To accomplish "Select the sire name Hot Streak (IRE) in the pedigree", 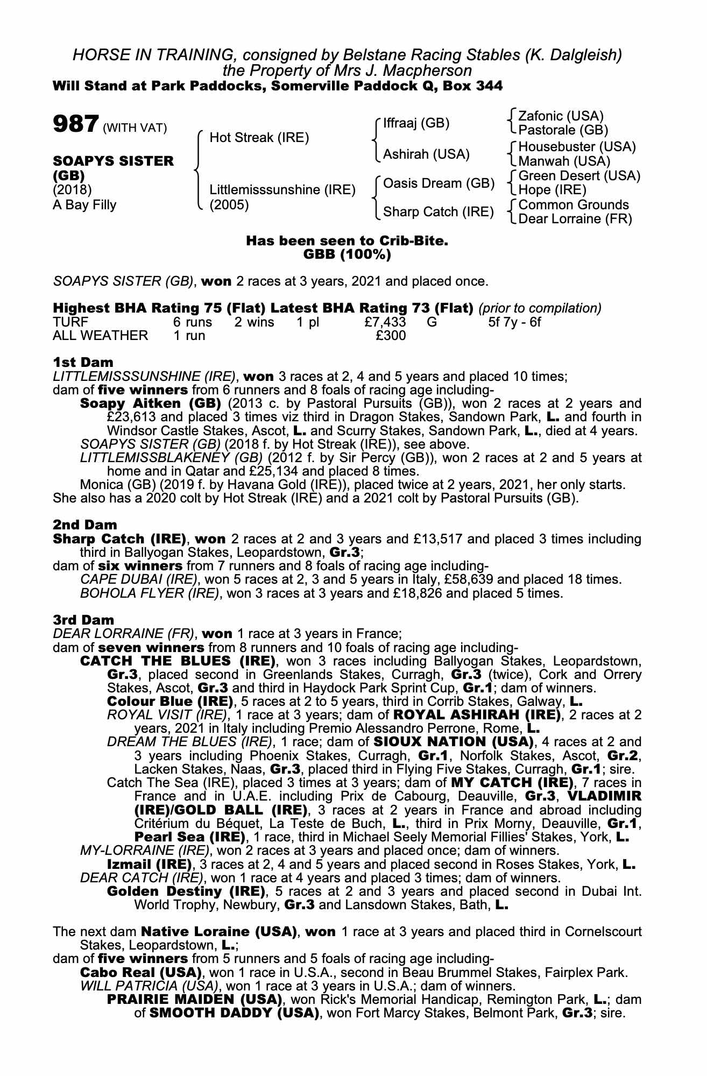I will point(259,138).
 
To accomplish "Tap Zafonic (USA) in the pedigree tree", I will point(561,116).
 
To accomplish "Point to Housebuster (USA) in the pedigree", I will point(577,147).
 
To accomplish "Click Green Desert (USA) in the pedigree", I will point(579,176).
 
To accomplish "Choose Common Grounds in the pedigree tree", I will point(573,205).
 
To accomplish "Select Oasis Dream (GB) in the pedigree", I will point(438,183).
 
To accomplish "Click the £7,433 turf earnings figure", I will point(384,322).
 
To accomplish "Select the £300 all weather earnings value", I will point(391,336).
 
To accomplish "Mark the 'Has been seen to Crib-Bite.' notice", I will point(347,241).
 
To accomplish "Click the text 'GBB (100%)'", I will point(347,254).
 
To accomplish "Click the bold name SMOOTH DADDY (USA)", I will point(231,1013).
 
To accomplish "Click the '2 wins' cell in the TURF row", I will point(254,322).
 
